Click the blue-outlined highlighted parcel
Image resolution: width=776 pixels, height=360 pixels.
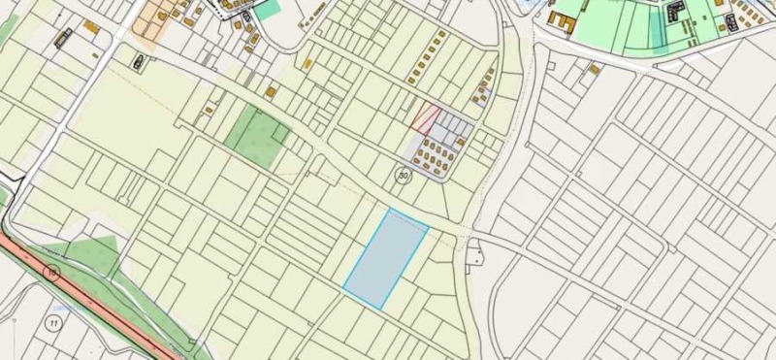[386, 258]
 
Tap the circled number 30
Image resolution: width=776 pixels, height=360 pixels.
[403, 176]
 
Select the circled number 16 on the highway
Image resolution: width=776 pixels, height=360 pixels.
[51, 274]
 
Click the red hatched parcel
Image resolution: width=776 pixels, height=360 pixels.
[424, 117]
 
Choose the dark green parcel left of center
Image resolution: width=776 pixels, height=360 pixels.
[257, 138]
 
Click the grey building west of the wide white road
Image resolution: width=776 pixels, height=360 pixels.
[64, 39]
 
